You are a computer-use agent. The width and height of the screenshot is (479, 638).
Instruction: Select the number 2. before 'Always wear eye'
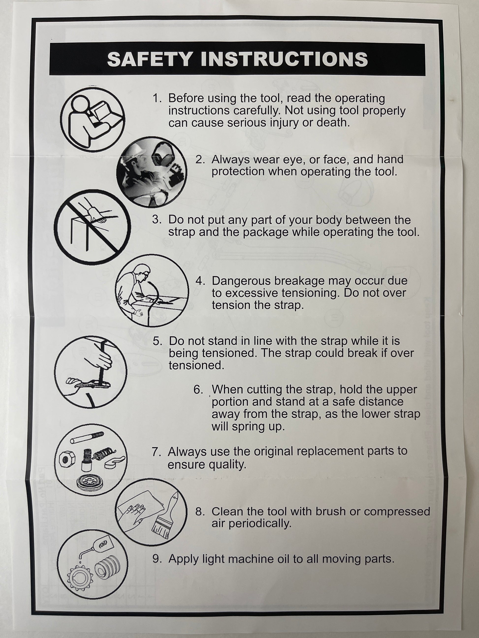[200, 159]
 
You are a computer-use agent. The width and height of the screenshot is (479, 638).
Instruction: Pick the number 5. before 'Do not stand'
[157, 341]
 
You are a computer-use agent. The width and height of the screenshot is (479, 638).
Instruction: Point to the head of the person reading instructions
[80, 103]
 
